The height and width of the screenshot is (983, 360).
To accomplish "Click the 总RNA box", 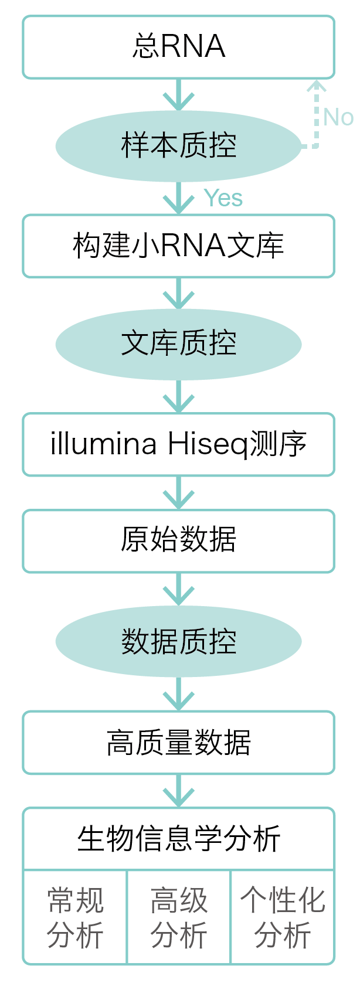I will (178, 47).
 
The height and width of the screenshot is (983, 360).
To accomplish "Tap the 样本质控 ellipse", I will (178, 145).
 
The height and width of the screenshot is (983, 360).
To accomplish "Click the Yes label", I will (223, 199).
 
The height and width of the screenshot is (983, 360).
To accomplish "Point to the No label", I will (338, 117).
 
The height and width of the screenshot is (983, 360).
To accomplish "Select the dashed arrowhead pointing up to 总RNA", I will (317, 87).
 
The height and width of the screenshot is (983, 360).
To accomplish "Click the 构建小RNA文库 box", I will (178, 246).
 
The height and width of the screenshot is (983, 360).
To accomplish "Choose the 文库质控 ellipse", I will (178, 343).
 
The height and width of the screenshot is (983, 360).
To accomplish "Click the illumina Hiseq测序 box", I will (178, 444).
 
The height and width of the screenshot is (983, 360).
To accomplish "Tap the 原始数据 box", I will (178, 540).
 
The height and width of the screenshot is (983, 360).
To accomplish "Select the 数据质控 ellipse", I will (178, 641).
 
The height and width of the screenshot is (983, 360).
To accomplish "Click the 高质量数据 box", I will (178, 743).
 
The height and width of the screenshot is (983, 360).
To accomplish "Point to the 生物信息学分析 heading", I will (178, 839).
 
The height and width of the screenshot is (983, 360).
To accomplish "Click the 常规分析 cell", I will (75, 917).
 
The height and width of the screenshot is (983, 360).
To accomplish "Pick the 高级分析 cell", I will (179, 917).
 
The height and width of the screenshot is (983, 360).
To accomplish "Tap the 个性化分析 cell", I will (283, 917).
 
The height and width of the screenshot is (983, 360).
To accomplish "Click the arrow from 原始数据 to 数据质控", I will (178, 590).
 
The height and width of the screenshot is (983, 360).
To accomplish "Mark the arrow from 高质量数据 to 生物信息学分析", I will (178, 791).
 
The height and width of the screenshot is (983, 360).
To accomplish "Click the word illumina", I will (103, 444).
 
